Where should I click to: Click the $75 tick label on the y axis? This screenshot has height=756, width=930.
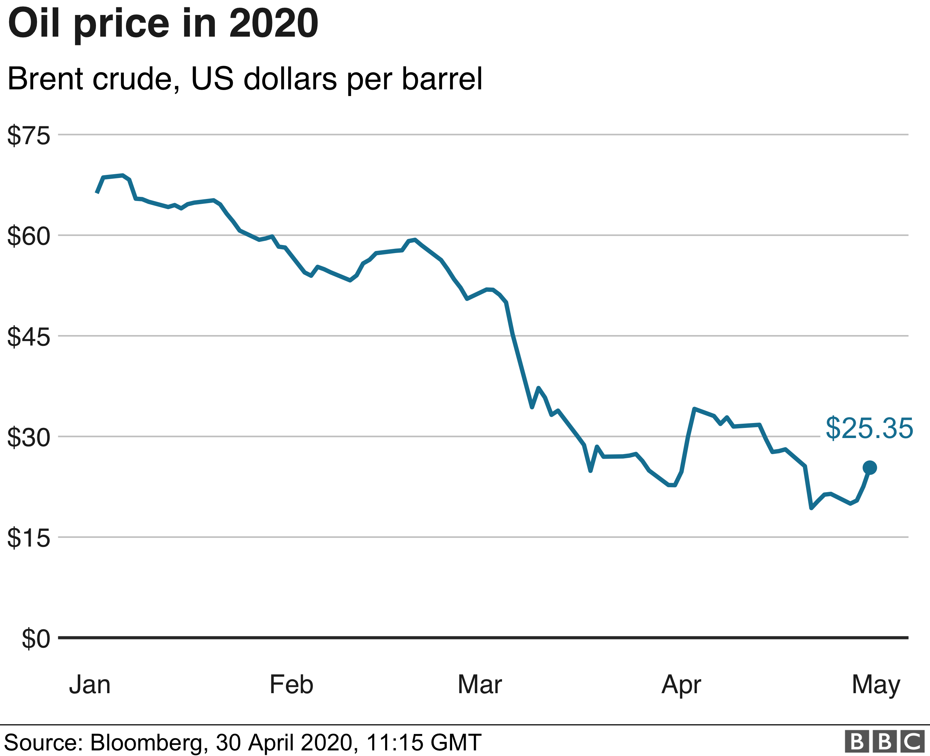click(29, 135)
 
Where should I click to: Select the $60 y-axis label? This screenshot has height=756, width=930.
click(29, 236)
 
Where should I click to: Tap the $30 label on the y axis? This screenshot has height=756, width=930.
click(29, 437)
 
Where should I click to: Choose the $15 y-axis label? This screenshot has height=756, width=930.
click(29, 538)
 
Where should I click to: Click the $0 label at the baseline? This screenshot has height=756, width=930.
click(36, 639)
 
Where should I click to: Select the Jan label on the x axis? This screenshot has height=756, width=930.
click(90, 684)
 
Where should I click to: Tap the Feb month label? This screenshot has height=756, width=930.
click(291, 684)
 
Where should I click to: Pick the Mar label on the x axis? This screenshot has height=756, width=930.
click(480, 684)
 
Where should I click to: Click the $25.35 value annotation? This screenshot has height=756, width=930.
click(869, 429)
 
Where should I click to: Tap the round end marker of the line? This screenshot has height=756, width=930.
click(870, 468)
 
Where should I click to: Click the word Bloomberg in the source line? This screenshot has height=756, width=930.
click(147, 742)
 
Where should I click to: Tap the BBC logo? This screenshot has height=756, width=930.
click(884, 742)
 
